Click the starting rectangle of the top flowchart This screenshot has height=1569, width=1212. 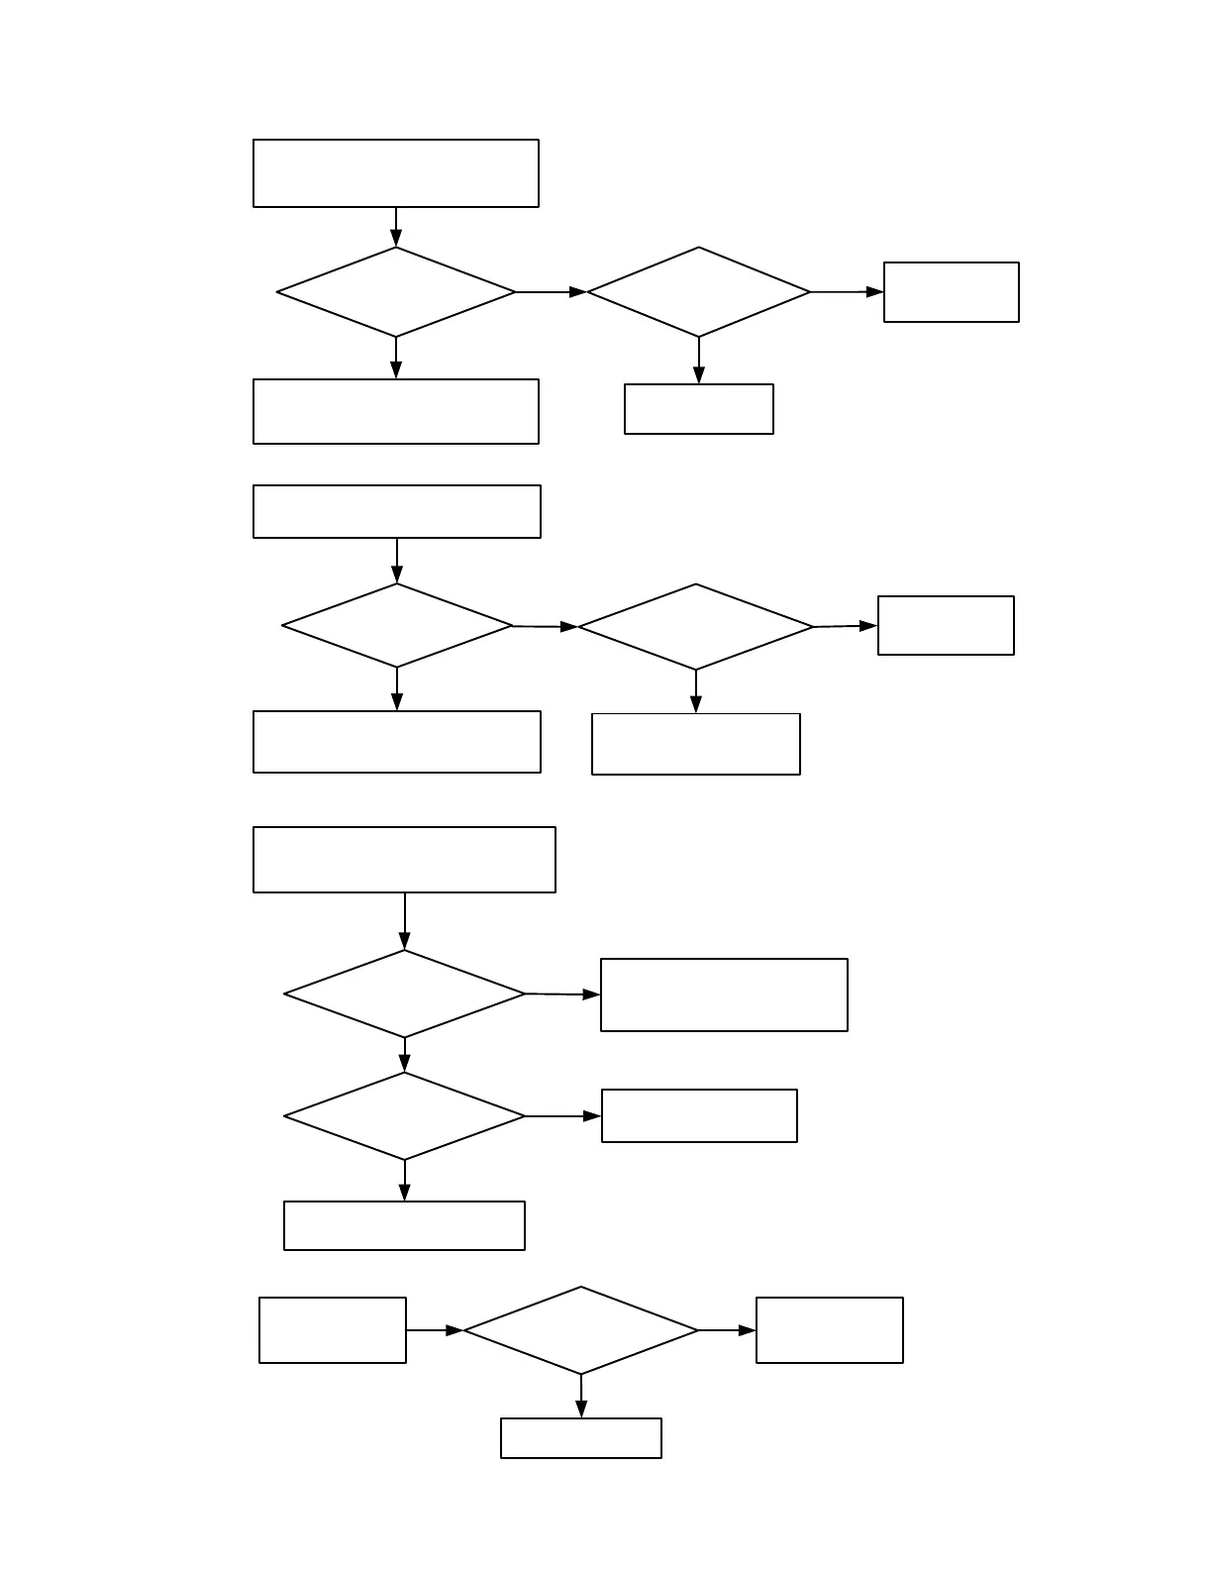395,173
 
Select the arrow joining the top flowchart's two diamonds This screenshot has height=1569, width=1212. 551,292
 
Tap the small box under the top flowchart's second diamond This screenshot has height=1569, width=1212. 698,409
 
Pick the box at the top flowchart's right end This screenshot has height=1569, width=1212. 951,292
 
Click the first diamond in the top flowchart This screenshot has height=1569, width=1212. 395,292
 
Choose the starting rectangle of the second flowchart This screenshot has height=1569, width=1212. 396,511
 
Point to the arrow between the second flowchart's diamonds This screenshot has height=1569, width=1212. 545,627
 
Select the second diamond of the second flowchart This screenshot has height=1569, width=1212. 695,627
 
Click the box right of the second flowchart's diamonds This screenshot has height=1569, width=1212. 946,625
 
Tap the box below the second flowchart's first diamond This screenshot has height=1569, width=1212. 396,742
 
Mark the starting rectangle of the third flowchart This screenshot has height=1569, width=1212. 404,860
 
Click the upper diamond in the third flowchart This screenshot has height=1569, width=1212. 404,994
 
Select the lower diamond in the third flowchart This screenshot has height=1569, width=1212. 404,1116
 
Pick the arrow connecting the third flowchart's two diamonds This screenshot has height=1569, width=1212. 404,1055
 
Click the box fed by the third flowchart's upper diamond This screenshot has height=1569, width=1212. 724,994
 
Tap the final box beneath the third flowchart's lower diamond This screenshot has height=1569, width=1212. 404,1225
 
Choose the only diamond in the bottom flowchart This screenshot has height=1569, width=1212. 580,1330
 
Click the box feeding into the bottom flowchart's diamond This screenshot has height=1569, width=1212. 333,1330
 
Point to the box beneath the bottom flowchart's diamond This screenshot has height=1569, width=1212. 580,1438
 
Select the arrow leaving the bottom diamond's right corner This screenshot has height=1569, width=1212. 727,1330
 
